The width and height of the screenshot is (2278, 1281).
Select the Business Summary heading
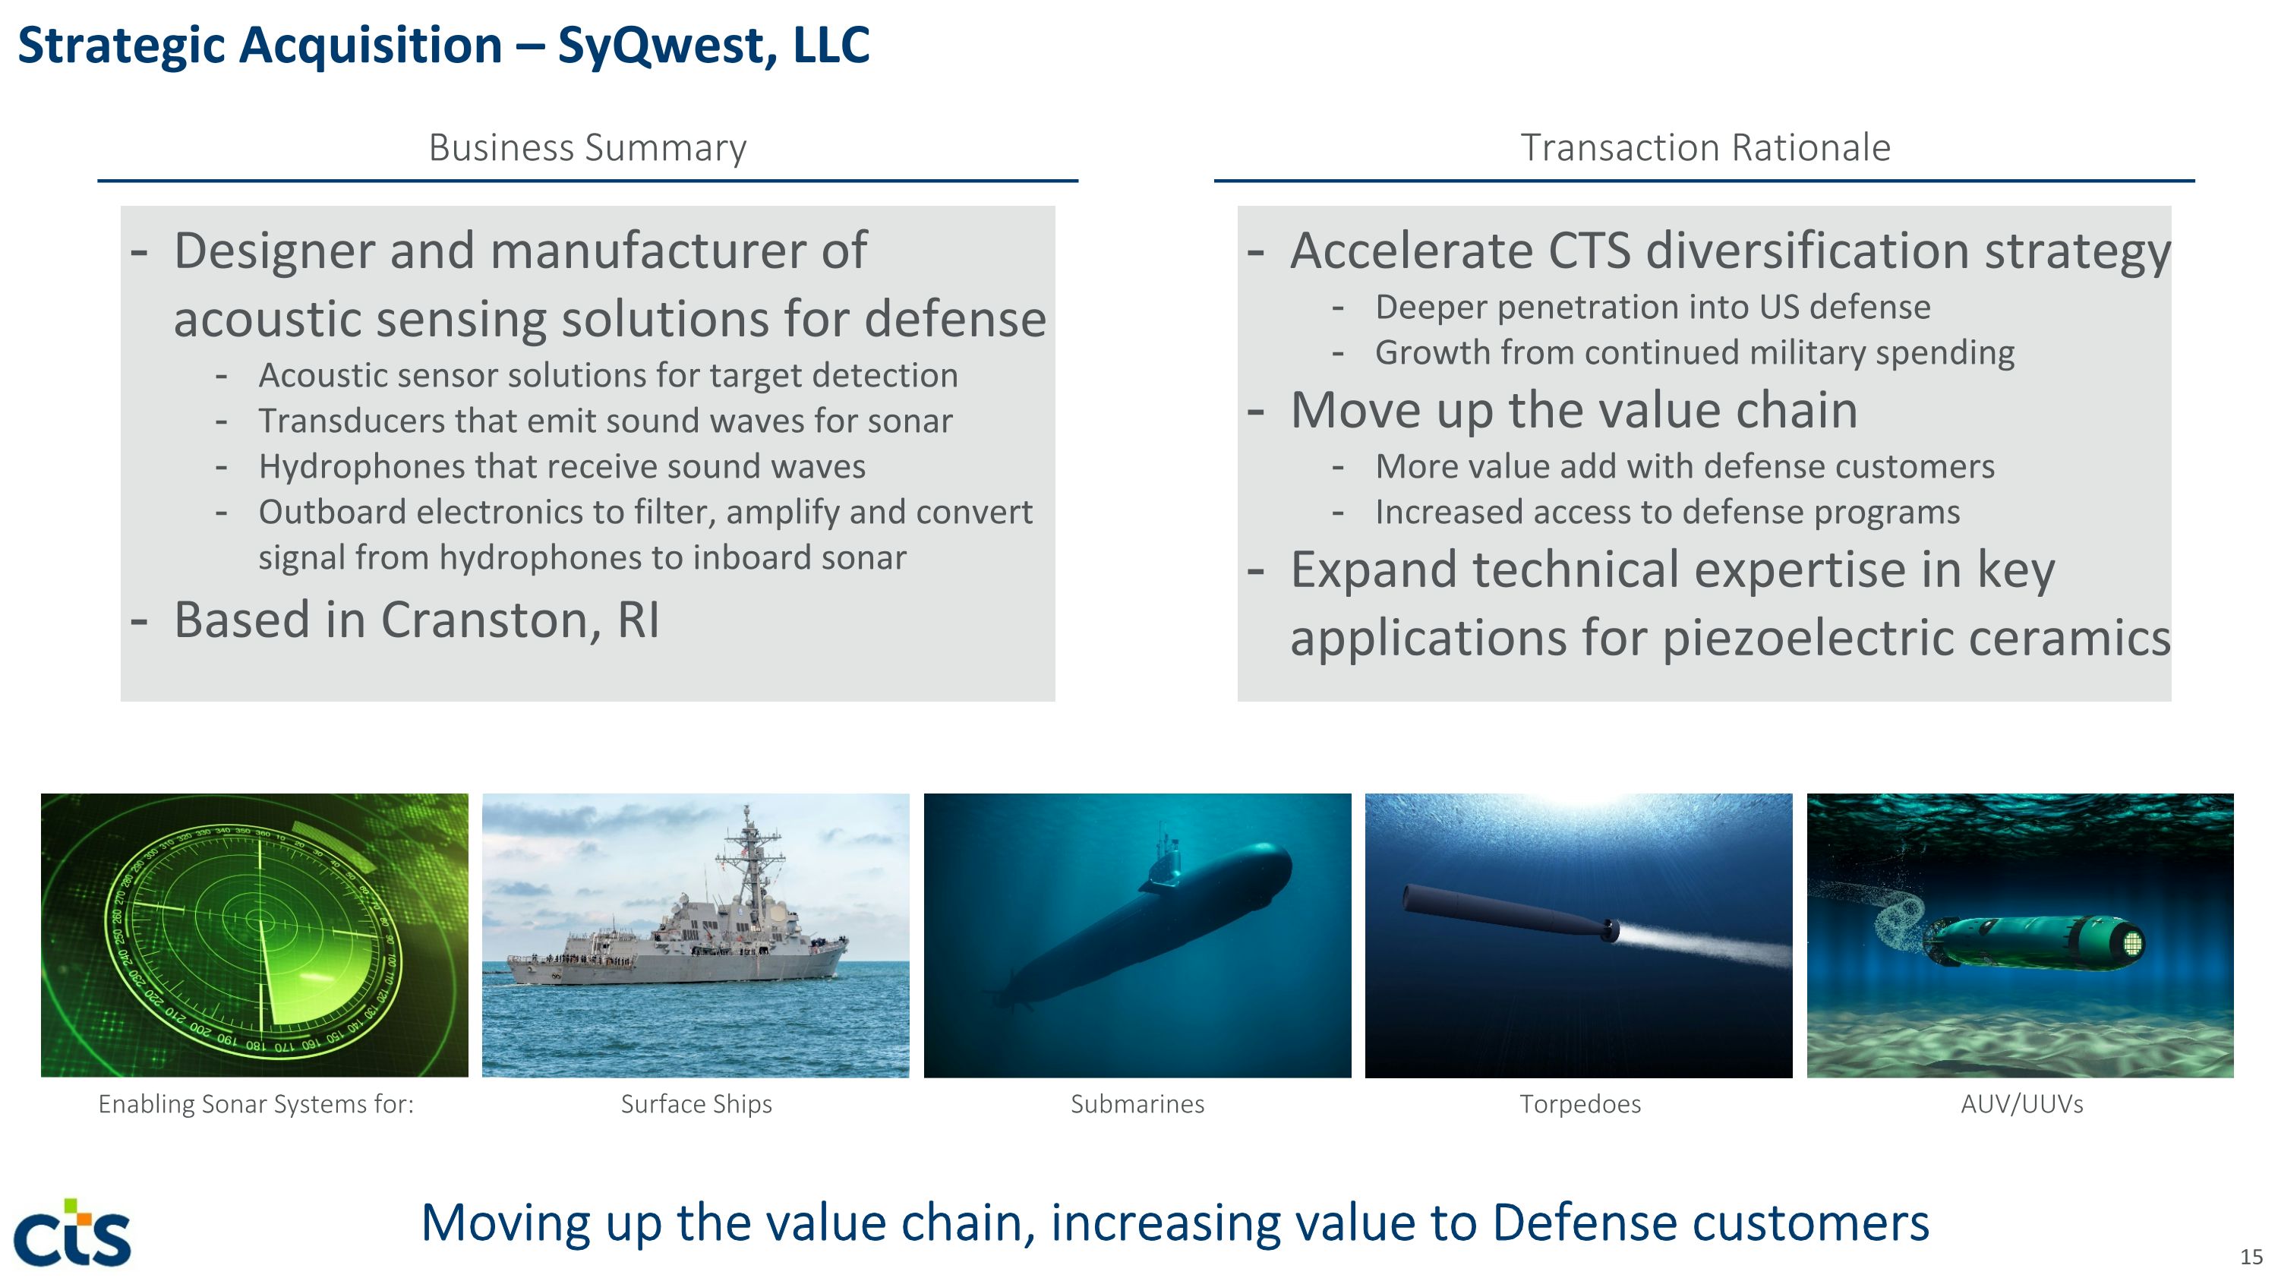click(587, 147)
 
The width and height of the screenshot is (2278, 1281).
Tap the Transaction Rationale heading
click(1704, 147)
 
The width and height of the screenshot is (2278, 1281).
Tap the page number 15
click(2251, 1256)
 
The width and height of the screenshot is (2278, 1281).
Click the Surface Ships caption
click(696, 1104)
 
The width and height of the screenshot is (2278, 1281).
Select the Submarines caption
click(1137, 1104)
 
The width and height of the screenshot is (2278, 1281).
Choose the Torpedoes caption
click(1579, 1104)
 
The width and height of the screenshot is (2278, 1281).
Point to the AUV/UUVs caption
click(2021, 1104)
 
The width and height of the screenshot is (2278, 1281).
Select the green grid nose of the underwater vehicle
click(2132, 943)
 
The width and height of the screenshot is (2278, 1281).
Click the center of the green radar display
click(260, 920)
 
